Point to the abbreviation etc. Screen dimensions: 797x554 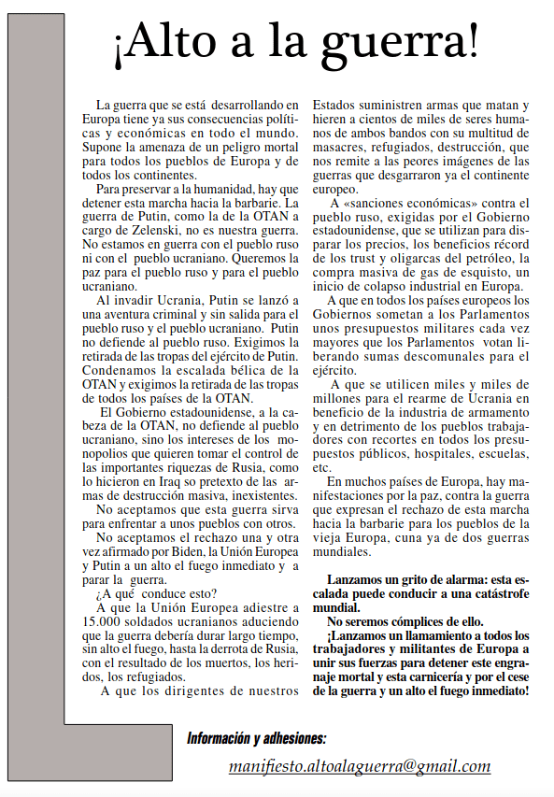tap(321, 466)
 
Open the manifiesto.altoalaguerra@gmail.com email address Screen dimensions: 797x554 tap(360, 766)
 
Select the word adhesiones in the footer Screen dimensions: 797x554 tap(293, 738)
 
